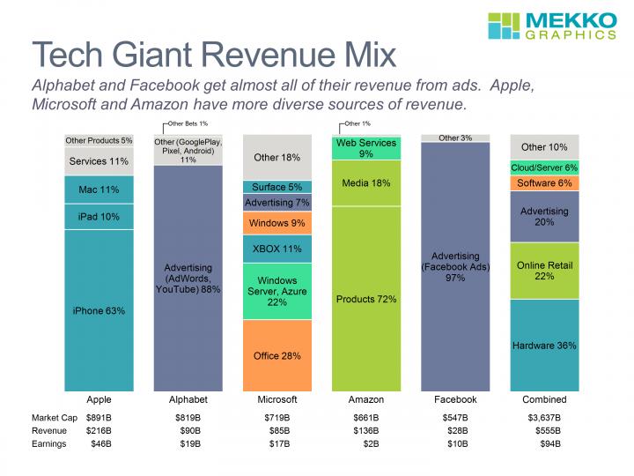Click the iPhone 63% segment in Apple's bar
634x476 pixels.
100,310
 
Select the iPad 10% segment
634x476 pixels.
100,217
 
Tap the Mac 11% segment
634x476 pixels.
100,189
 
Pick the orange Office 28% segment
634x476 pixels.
277,355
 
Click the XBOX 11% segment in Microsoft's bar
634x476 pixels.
277,249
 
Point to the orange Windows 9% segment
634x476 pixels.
277,223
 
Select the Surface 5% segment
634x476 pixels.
277,187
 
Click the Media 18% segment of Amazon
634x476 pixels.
366,183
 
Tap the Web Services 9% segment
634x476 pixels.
366,148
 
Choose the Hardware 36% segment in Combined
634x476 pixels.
544,346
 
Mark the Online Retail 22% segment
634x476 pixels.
544,271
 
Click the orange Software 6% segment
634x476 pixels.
544,183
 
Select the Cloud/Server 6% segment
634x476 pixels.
544,167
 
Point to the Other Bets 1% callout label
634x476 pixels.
187,123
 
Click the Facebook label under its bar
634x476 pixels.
455,399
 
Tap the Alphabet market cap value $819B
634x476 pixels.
188,416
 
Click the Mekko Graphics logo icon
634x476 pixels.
505,26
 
